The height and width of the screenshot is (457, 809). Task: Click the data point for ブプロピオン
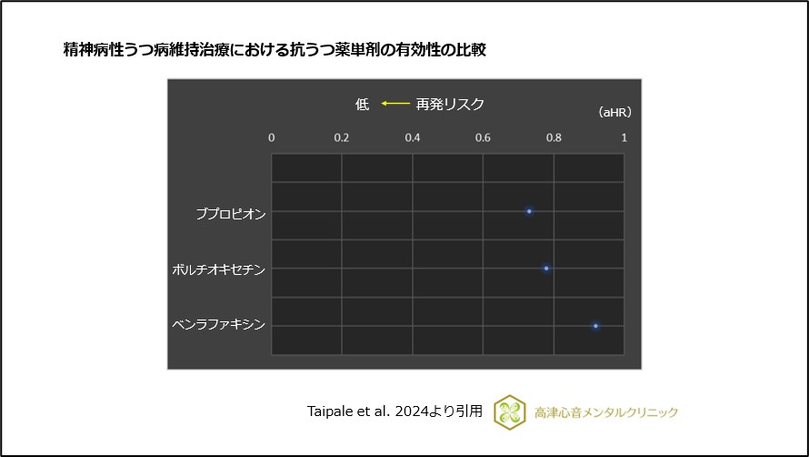click(x=529, y=211)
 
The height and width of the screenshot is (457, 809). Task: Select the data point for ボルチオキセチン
click(x=546, y=269)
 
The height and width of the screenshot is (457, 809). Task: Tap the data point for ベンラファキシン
click(x=595, y=326)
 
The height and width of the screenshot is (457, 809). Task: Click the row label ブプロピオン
click(x=231, y=213)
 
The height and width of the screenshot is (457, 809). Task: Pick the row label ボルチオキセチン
click(x=219, y=269)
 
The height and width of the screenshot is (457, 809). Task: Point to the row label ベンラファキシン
click(x=219, y=324)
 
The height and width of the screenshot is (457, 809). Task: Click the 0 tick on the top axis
click(x=271, y=137)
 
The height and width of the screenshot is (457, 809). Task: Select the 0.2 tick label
click(x=342, y=137)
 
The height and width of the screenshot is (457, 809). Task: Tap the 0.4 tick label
click(x=412, y=137)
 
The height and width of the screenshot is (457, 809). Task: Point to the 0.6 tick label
click(x=483, y=137)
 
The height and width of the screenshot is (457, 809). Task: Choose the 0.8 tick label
click(x=553, y=137)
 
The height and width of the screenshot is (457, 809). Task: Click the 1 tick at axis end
click(x=624, y=137)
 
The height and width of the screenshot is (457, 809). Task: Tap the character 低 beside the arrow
click(x=362, y=104)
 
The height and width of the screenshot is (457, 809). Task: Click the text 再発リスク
click(x=450, y=104)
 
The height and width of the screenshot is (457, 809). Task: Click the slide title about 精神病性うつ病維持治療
click(x=274, y=50)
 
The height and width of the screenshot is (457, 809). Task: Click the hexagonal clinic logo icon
click(x=509, y=412)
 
